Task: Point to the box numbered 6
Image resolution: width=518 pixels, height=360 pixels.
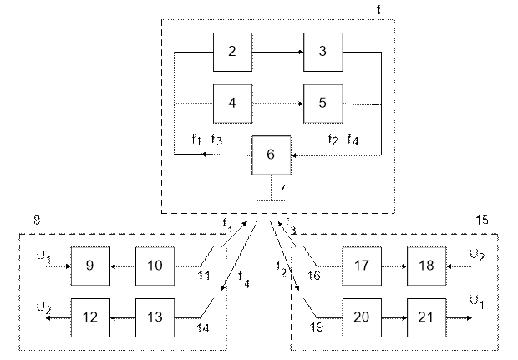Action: pos(271,155)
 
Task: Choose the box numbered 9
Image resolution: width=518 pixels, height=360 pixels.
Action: pos(90,266)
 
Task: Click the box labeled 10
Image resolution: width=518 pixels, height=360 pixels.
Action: pos(155,266)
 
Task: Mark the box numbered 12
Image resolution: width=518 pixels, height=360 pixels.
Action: pos(90,317)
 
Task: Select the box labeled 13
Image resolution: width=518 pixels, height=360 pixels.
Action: pos(155,317)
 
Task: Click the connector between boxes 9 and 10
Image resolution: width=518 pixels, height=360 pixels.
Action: pos(122,266)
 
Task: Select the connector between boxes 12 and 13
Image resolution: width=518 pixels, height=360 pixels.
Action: pos(122,317)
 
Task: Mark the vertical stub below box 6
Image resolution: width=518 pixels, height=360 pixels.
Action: pos(271,187)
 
